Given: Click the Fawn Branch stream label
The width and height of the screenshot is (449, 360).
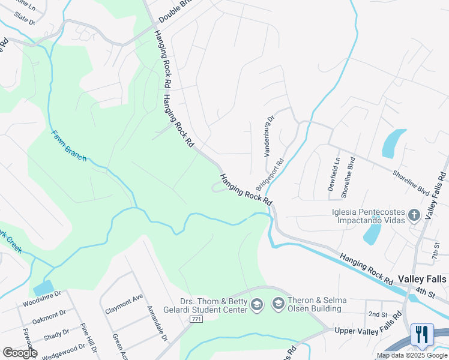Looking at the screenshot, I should click(68, 146).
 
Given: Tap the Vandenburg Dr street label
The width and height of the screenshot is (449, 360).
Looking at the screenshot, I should click(269, 136).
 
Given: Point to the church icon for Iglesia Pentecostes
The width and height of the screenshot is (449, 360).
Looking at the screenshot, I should click(414, 215).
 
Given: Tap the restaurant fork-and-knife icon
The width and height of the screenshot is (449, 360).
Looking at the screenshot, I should click(422, 335).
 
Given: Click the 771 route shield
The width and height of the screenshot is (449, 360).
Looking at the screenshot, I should click(196, 319).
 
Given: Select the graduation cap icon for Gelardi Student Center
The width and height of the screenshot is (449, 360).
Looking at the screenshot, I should click(257, 305).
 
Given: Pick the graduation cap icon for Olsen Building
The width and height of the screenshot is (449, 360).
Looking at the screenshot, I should click(279, 305).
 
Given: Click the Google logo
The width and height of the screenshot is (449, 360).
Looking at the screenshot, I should click(20, 353).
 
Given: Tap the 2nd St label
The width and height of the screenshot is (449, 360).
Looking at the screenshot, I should click(378, 314).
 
